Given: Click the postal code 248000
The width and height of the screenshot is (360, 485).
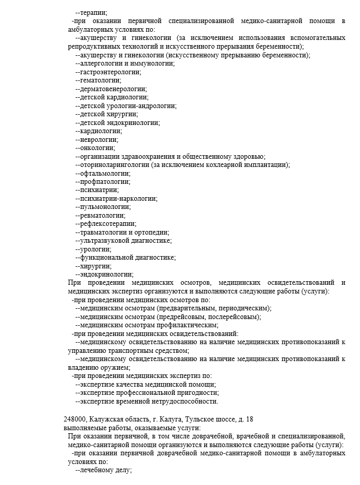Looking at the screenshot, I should tap(75, 419).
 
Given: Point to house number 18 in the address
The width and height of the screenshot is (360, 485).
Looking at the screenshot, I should tap(249, 419).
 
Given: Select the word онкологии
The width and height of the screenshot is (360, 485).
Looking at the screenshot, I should tap(98, 147).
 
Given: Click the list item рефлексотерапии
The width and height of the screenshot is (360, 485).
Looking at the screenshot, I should tap(108, 223).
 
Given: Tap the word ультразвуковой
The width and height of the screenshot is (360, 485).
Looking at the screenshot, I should tap(105, 240).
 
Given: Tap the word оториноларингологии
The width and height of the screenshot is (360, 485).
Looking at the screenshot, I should tap(115, 164).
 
